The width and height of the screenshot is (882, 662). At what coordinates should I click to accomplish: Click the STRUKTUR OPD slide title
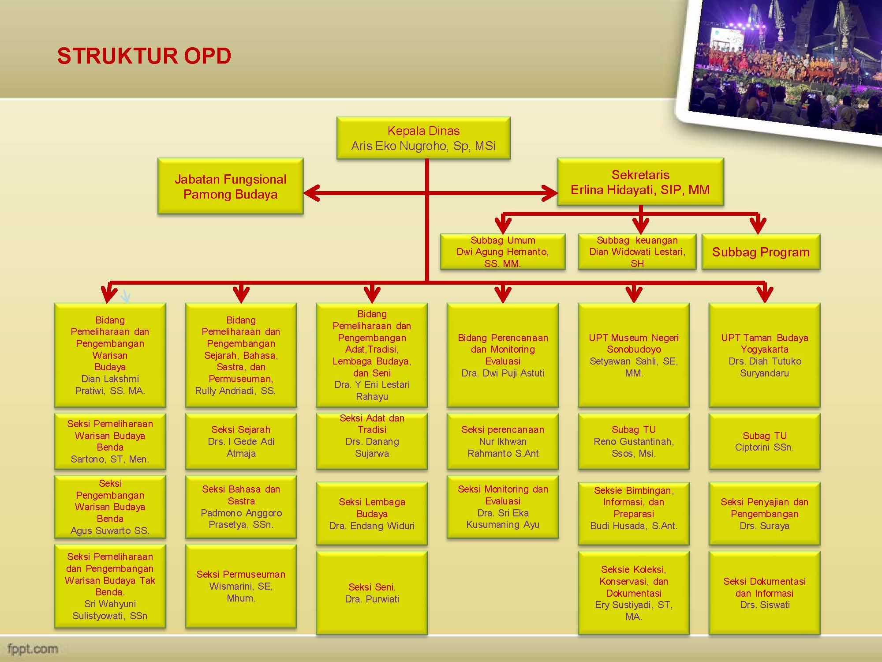tap(144, 56)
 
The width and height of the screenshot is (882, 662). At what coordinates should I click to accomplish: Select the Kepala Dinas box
tap(423, 138)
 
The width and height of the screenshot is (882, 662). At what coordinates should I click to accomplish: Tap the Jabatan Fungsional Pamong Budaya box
tap(230, 186)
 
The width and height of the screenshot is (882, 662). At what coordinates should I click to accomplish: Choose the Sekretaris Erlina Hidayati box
tap(640, 182)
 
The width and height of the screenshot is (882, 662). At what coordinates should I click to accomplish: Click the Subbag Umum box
tap(503, 252)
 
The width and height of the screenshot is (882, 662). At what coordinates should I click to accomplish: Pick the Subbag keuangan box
tap(637, 252)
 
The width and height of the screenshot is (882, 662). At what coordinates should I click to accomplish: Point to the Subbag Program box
tap(761, 252)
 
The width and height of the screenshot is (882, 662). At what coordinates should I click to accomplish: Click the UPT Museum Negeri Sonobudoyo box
tap(634, 355)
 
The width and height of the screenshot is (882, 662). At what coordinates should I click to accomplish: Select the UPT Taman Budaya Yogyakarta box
tap(764, 355)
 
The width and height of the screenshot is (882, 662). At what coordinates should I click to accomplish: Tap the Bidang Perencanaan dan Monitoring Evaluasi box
tap(503, 355)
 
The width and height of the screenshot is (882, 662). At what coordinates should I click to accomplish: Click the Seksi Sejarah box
tap(241, 441)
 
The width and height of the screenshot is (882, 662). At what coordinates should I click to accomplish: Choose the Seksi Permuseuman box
tap(241, 586)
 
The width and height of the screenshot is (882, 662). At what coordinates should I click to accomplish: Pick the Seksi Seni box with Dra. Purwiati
tap(372, 593)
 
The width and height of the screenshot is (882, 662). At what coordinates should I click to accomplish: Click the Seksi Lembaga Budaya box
tap(372, 514)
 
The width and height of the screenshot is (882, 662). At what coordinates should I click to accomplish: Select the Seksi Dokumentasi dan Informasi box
tap(764, 593)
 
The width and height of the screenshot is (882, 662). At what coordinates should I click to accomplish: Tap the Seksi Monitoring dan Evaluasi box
tap(503, 507)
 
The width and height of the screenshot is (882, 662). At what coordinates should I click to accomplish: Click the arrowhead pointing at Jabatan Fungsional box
tap(311, 193)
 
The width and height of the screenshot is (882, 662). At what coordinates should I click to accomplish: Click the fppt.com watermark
tap(33, 649)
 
